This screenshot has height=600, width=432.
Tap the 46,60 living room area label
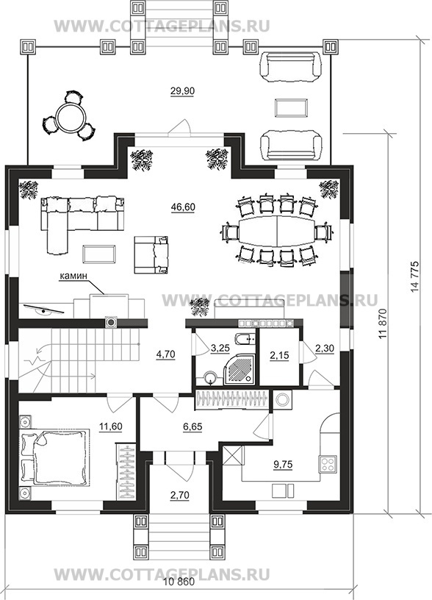(x=183, y=207)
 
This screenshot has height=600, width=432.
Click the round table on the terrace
(x=70, y=116)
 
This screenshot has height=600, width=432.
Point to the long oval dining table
(x=276, y=232)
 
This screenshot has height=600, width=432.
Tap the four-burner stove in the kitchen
(x=328, y=463)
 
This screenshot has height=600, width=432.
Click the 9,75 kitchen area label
(x=283, y=465)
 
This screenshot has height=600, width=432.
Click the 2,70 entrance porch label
(x=181, y=495)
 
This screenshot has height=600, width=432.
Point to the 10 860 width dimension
(x=179, y=593)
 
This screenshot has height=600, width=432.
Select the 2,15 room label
(x=279, y=355)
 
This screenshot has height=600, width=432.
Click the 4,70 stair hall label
(x=165, y=354)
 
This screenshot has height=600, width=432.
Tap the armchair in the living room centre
(x=151, y=254)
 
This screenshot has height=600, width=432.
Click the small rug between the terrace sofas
(x=292, y=107)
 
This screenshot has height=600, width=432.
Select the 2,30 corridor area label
(x=325, y=349)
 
